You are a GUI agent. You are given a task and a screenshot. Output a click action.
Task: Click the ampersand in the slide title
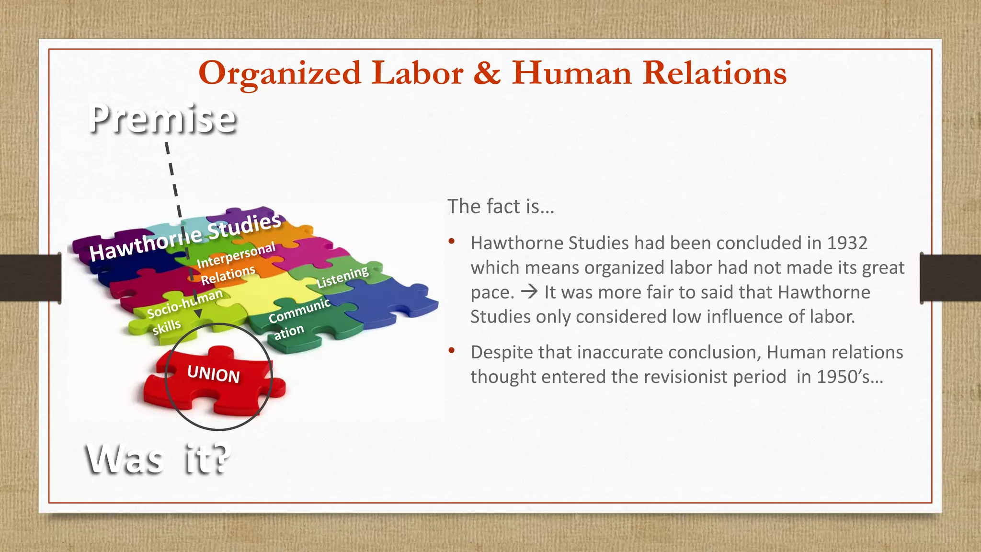tap(487, 73)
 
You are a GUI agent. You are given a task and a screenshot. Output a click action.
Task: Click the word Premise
tap(162, 118)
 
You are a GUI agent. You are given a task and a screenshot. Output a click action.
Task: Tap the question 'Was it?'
tap(159, 459)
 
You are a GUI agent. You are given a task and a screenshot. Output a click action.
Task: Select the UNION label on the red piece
tap(214, 374)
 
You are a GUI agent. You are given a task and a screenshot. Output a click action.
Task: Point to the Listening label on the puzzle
tap(342, 277)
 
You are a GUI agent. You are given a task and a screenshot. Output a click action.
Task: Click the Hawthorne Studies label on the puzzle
tap(185, 237)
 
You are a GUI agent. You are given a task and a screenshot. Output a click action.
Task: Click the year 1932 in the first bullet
tap(847, 243)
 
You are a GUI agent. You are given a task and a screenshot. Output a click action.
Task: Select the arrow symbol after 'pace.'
tap(529, 292)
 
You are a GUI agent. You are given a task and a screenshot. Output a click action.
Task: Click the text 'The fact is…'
tap(501, 207)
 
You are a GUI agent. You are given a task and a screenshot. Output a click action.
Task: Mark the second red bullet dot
tap(451, 350)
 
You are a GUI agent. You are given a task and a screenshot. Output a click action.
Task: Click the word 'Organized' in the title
tap(280, 73)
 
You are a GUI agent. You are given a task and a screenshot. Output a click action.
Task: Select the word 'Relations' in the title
tap(715, 73)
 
